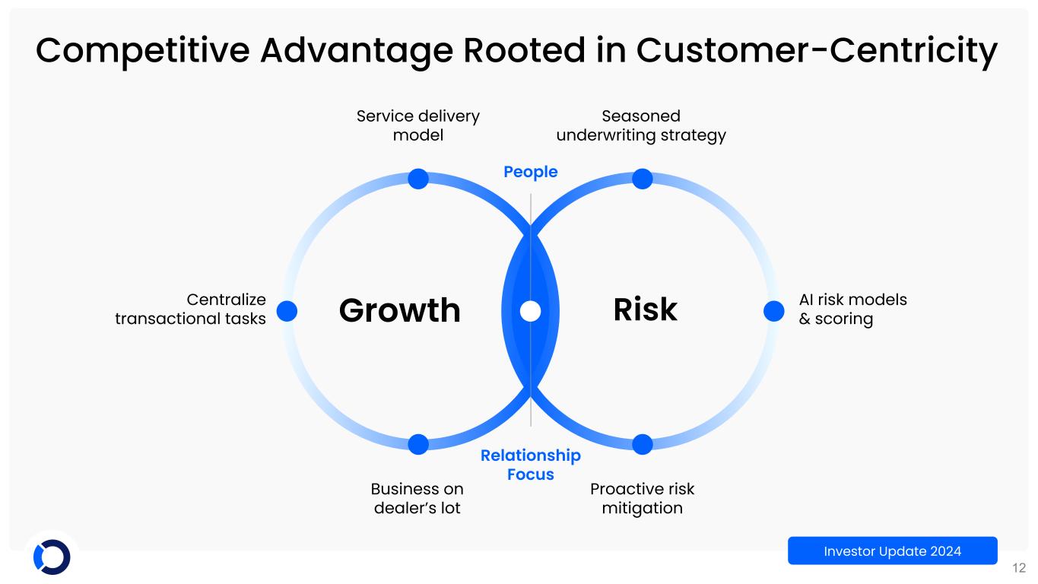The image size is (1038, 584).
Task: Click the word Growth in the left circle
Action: pyautogui.click(x=400, y=310)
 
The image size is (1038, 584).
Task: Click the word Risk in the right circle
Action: pyautogui.click(x=645, y=310)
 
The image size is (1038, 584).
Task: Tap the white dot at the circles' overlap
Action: pyautogui.click(x=531, y=311)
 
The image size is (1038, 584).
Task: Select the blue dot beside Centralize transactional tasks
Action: pyautogui.click(x=287, y=311)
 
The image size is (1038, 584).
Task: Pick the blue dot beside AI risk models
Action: pyautogui.click(x=773, y=311)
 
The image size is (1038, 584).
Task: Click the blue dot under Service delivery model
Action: pyautogui.click(x=418, y=179)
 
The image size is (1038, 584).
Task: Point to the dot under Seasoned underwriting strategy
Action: pyautogui.click(x=643, y=179)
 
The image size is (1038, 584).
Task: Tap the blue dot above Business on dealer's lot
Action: pyautogui.click(x=418, y=444)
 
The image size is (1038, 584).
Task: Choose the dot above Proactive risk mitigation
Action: pyautogui.click(x=643, y=444)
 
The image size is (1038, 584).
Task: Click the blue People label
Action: pyautogui.click(x=531, y=172)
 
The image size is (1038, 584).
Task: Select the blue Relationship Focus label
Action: pyautogui.click(x=531, y=465)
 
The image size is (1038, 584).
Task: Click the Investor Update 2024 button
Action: pyautogui.click(x=892, y=551)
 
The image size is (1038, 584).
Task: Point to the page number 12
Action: pyautogui.click(x=1019, y=567)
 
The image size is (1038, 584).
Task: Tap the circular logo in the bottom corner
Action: pyautogui.click(x=52, y=557)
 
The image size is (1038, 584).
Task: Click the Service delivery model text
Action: pyautogui.click(x=418, y=125)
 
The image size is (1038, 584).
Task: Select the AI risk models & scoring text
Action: pyautogui.click(x=852, y=309)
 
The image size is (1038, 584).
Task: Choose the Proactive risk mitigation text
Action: pyautogui.click(x=643, y=498)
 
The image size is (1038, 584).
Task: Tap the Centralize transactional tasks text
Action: pyautogui.click(x=191, y=309)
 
